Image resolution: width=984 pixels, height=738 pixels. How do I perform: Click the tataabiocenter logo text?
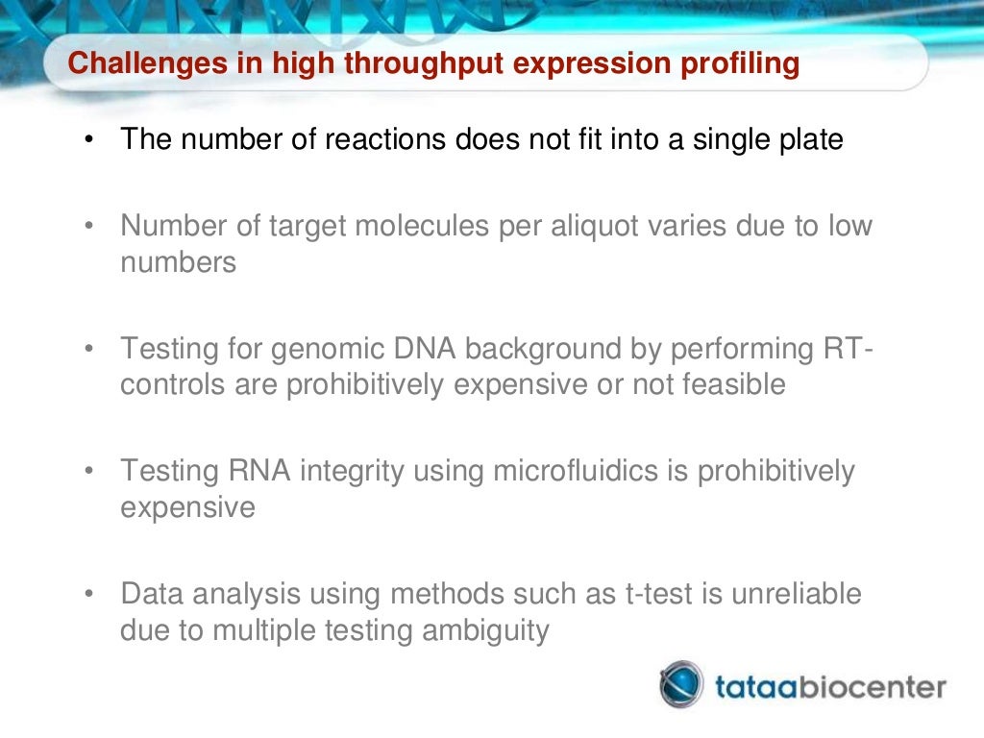[x=830, y=687]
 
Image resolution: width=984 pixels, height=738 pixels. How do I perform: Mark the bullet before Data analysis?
[x=89, y=595]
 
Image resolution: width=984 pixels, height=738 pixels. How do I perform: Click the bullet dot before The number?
[x=89, y=141]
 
